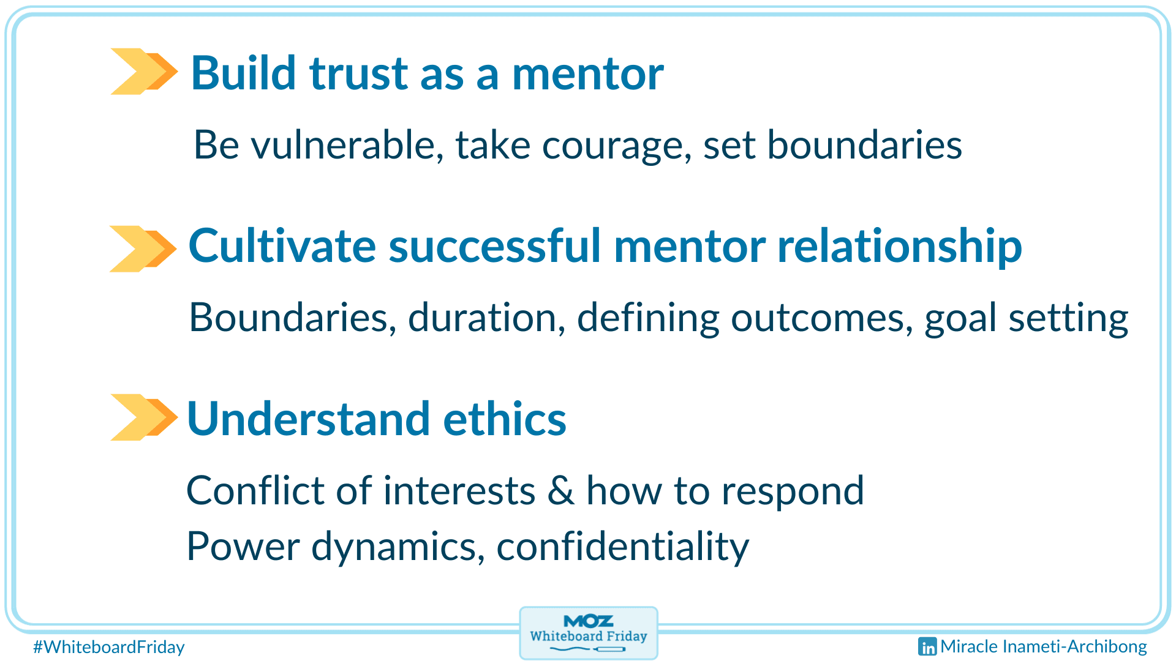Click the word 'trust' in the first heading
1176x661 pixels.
coord(358,73)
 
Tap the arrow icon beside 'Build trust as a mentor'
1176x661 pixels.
coord(144,72)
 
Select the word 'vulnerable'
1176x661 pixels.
coord(347,146)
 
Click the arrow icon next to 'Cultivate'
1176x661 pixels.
coord(143,249)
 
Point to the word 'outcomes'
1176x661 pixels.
coord(821,318)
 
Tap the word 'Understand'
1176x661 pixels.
coord(308,419)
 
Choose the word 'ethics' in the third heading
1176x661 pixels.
coord(504,419)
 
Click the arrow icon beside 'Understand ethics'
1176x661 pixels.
coord(144,417)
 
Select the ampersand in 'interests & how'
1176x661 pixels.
coord(560,491)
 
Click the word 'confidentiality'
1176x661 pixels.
coord(622,547)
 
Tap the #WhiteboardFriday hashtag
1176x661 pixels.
coord(109,647)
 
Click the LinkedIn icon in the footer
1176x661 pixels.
coord(927,646)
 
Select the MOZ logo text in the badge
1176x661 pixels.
coord(588,621)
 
